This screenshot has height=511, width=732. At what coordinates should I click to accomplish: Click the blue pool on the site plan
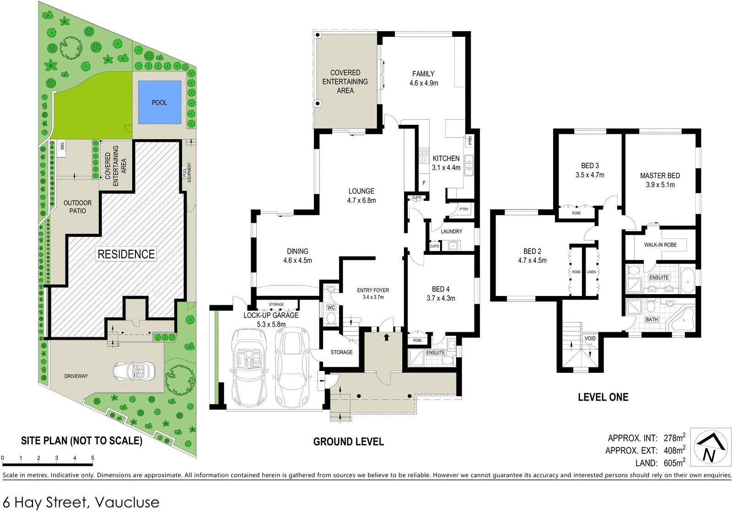click(x=160, y=102)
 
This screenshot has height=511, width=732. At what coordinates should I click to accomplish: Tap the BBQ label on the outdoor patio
click(x=62, y=145)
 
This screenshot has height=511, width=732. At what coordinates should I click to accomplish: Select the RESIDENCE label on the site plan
click(x=126, y=254)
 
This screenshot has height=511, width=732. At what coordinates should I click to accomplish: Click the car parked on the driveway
click(x=134, y=371)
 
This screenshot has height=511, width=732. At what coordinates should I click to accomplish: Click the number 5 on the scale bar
click(x=92, y=458)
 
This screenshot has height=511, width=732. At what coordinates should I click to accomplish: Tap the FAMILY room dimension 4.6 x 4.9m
click(x=424, y=83)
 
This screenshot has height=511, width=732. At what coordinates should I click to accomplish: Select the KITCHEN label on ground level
click(x=446, y=158)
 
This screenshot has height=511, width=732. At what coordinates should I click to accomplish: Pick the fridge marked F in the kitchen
click(x=424, y=183)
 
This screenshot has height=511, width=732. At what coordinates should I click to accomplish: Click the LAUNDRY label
click(x=452, y=231)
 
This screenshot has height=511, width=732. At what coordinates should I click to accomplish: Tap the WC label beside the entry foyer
click(x=331, y=307)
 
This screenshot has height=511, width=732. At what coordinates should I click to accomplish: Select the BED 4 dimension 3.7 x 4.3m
click(x=441, y=298)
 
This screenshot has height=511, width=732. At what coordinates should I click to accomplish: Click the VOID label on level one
click(x=590, y=339)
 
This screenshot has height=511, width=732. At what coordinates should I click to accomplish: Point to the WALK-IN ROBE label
click(x=660, y=245)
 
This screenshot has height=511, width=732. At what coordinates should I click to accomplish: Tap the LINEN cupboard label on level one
click(x=591, y=272)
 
